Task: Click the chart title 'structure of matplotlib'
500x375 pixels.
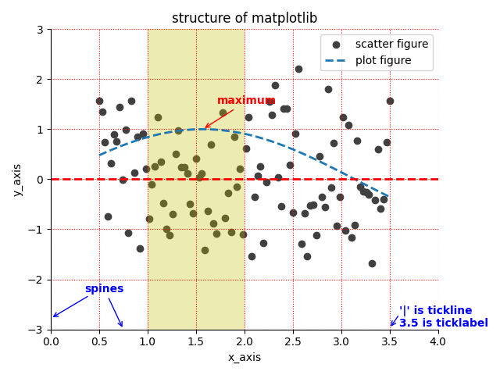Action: click(x=245, y=18)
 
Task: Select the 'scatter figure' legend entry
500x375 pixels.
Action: click(x=391, y=45)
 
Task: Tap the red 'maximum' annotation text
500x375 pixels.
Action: click(x=246, y=101)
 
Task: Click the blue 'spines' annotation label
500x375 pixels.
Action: click(x=104, y=289)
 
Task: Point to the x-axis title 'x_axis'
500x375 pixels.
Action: click(x=245, y=357)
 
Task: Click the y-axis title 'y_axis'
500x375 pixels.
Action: click(x=18, y=180)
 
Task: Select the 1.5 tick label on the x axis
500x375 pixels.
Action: click(x=196, y=341)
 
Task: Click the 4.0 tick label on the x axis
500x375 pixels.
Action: click(x=438, y=341)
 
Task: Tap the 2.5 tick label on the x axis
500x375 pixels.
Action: click(x=293, y=341)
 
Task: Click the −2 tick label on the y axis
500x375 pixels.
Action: click(x=37, y=280)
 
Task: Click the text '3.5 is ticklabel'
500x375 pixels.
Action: click(x=443, y=323)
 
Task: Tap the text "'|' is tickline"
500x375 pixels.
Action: click(x=435, y=311)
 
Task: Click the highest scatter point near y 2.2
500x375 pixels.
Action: click(x=298, y=69)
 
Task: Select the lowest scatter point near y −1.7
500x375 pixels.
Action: click(x=372, y=263)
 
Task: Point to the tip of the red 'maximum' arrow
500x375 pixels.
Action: click(x=205, y=128)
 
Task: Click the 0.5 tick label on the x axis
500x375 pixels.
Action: click(x=99, y=341)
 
